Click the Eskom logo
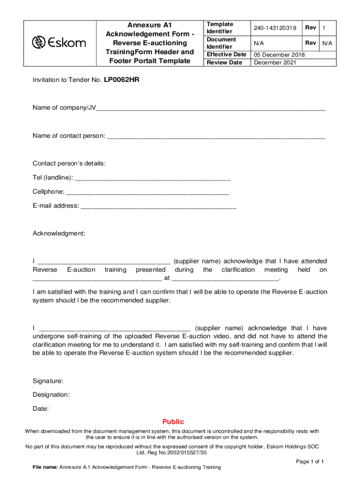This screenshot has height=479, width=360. [x=58, y=43]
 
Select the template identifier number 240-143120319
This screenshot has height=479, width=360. [x=275, y=28]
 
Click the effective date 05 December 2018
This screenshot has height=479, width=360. [x=279, y=55]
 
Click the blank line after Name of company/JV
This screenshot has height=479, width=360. [x=210, y=109]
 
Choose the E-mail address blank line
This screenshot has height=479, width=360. [x=158, y=206]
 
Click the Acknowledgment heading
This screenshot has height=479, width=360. [x=59, y=233]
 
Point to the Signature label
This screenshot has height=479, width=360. [x=48, y=382]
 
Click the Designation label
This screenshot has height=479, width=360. [x=51, y=395]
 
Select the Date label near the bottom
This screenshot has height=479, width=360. [x=41, y=409]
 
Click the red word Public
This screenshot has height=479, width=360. [x=173, y=421]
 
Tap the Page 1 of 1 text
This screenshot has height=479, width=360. [x=310, y=461]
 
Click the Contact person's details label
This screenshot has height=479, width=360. [x=69, y=164]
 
